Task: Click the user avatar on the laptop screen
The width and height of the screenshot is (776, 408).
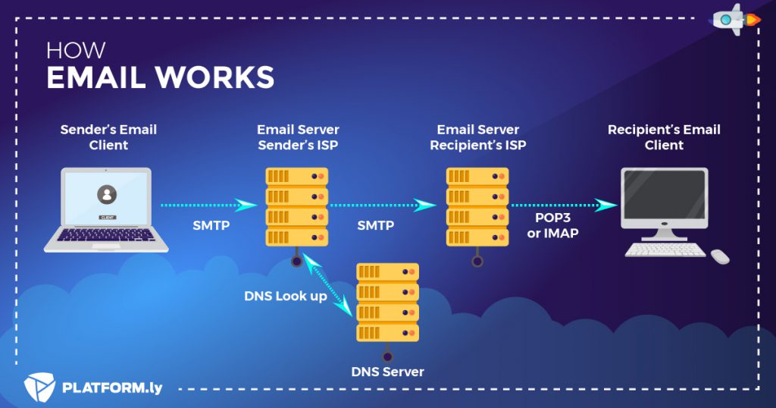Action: pos(107,194)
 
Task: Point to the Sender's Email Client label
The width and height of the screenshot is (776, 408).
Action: pos(108,137)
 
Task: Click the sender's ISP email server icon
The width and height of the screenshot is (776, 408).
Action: pos(297,206)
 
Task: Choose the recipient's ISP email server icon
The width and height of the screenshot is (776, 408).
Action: pos(477,206)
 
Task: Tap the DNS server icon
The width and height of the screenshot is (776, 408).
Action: pos(387,302)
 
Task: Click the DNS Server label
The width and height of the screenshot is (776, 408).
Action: pos(387,372)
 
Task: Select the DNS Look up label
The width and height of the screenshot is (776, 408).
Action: pos(286,296)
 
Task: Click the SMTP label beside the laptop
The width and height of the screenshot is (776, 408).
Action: pos(211,226)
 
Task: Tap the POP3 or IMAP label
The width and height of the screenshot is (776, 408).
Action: pos(552,226)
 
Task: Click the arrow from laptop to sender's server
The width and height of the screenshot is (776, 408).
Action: pos(209,205)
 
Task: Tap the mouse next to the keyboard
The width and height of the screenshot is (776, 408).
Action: pos(720,256)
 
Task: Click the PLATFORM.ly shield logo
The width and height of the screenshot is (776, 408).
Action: pos(39,388)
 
